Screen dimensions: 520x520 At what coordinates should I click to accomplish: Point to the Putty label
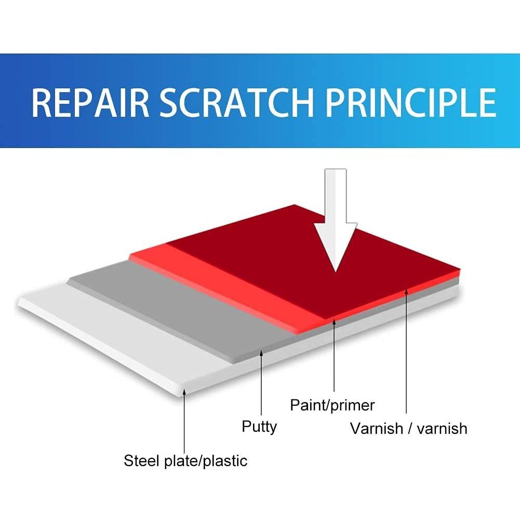259,427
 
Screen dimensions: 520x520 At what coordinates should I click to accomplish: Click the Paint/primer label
332,405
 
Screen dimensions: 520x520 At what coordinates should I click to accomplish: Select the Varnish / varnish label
408,429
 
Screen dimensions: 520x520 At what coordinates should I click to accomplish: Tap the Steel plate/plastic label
185,460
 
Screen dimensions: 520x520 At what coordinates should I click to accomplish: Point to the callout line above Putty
262,384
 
